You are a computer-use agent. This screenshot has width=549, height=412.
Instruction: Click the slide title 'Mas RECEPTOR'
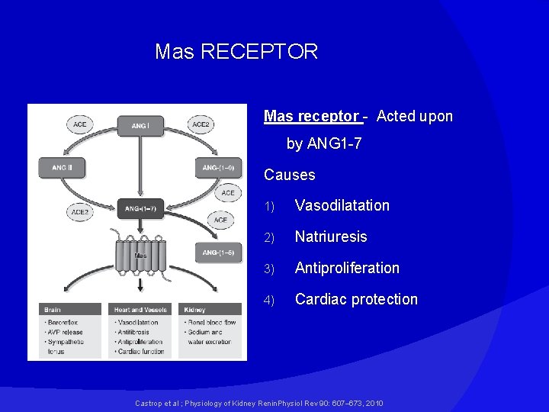click(236, 52)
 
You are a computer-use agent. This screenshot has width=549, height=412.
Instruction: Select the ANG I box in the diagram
click(140, 125)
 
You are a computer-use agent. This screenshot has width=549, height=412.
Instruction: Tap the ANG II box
click(62, 168)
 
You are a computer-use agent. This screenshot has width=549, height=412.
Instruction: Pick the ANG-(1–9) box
click(218, 168)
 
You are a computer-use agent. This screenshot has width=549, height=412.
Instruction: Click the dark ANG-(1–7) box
click(140, 208)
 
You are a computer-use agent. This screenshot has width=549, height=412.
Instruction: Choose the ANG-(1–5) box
click(218, 252)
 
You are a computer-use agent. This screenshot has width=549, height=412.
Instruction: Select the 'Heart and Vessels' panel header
click(140, 310)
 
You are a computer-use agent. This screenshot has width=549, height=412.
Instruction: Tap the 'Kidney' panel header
click(211, 310)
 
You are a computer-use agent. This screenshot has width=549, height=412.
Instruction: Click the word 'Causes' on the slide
click(289, 175)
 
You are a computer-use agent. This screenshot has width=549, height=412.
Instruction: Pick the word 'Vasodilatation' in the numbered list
click(342, 205)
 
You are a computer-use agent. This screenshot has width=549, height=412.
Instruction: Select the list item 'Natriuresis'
click(331, 237)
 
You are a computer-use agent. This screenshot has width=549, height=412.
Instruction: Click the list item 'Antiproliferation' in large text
click(347, 268)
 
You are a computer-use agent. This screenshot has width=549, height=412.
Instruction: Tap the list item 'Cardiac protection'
click(356, 299)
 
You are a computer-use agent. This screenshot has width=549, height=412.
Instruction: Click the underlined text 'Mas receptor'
click(311, 117)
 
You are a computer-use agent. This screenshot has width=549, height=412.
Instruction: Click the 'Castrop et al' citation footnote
click(258, 403)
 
